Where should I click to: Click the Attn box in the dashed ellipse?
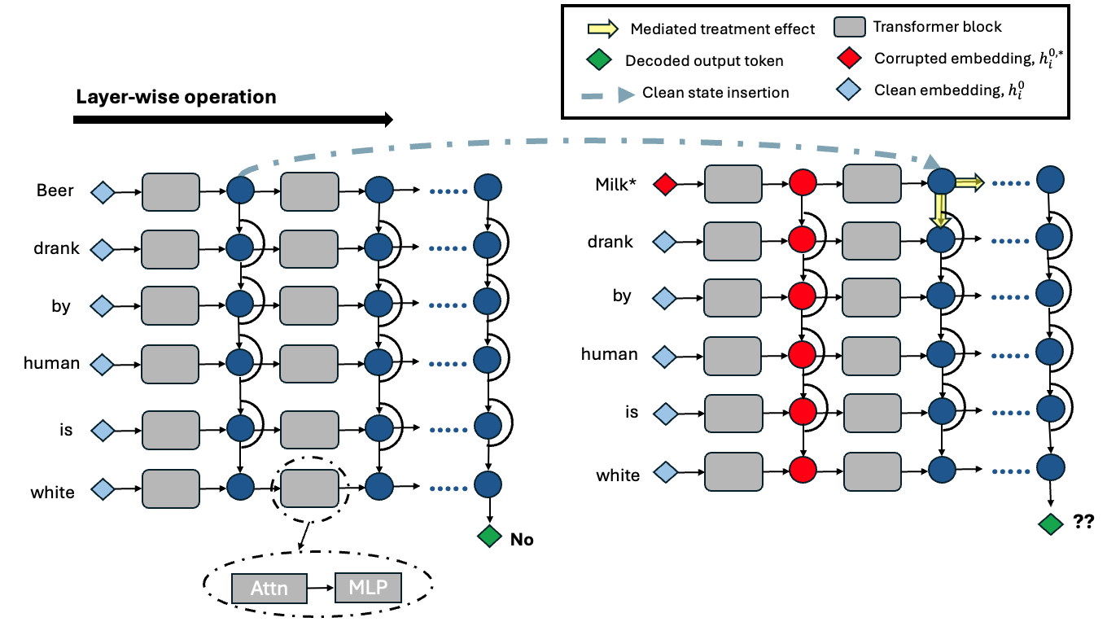pos(269,588)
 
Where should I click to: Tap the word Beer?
pos(55,191)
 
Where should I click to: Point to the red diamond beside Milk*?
pos(665,185)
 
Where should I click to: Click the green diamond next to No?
pos(489,537)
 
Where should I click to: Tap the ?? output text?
pos(1083,522)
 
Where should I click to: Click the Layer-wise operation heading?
pos(176,97)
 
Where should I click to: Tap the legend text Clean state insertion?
pos(715,92)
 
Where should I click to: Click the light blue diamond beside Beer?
pos(103,192)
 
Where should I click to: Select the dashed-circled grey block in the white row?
pos(308,488)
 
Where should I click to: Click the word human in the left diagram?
pos(52,363)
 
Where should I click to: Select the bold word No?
pos(522,539)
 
